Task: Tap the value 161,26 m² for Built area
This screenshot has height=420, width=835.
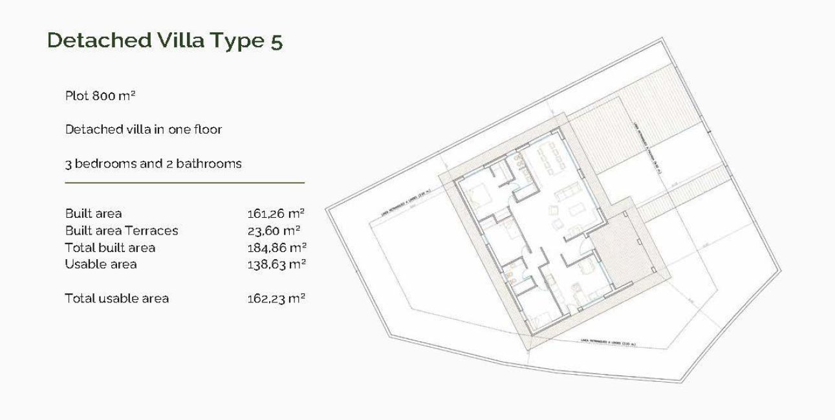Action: click(x=276, y=213)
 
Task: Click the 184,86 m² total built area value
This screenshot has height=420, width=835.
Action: click(x=276, y=247)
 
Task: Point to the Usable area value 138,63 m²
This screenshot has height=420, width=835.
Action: click(x=276, y=264)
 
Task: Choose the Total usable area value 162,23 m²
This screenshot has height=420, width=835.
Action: click(x=276, y=299)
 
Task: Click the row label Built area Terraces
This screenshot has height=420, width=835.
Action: click(x=122, y=230)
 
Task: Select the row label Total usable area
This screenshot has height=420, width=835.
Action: click(x=117, y=299)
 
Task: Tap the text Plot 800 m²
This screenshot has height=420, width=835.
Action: click(x=100, y=96)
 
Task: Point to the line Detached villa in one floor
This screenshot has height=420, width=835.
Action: click(x=144, y=129)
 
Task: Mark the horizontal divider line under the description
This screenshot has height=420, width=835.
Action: click(x=184, y=183)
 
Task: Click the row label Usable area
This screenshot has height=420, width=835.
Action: click(x=101, y=264)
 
